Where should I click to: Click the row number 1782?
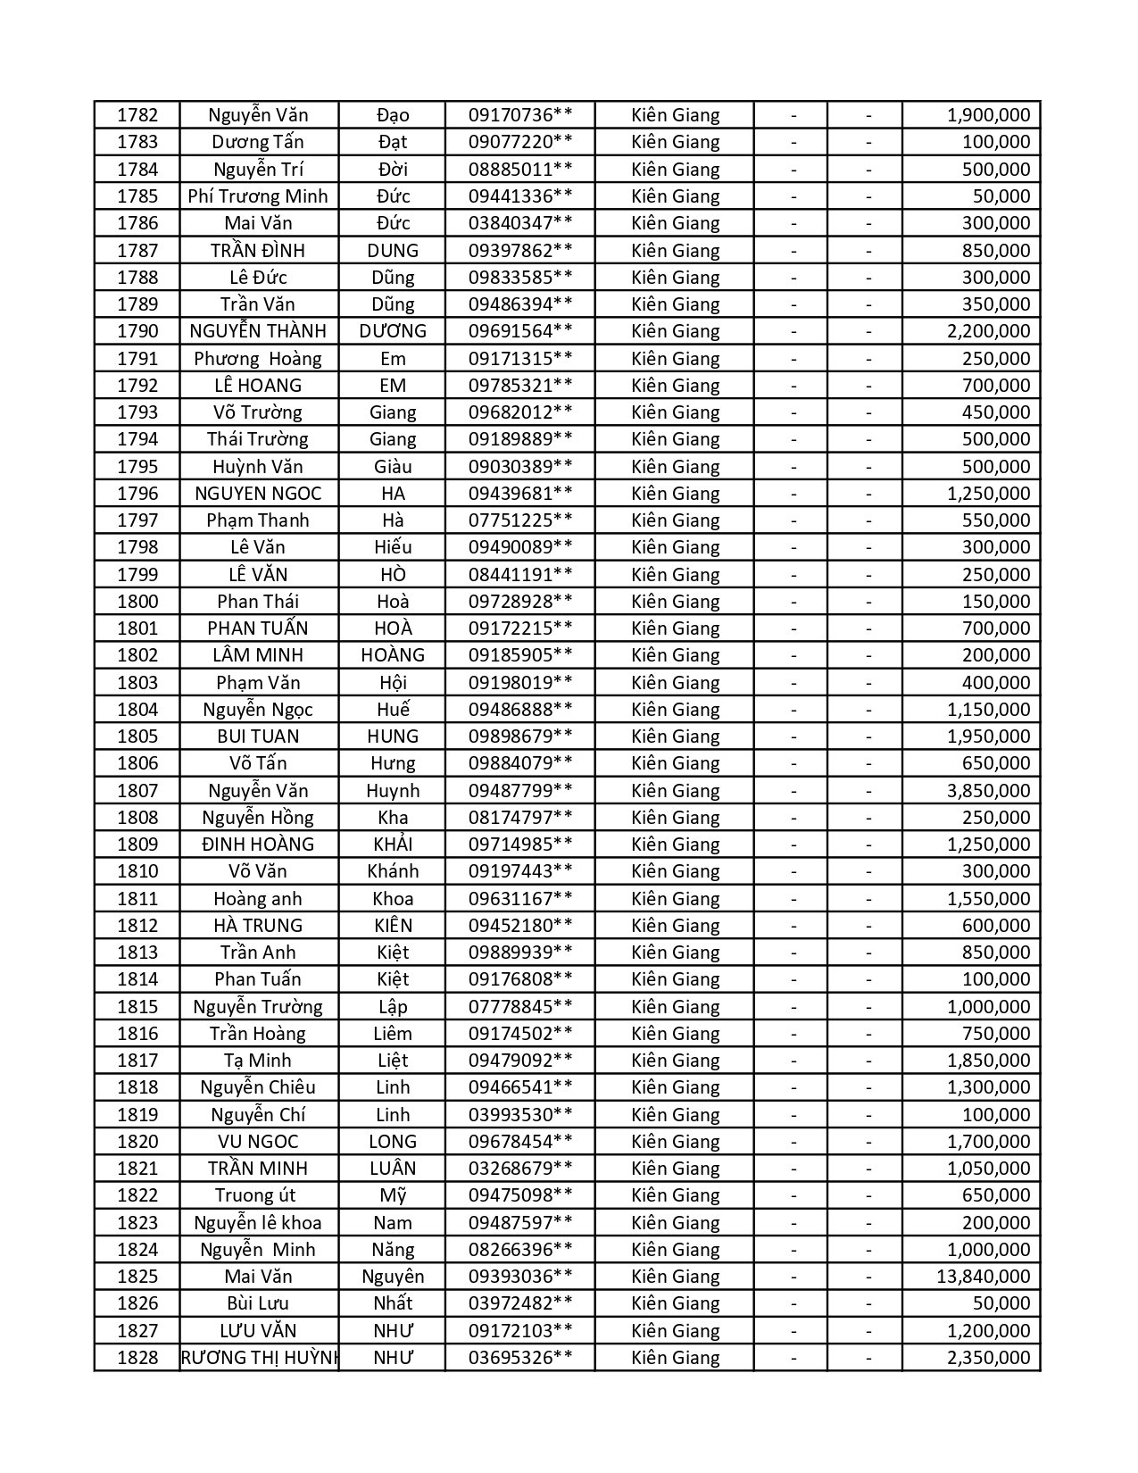137,115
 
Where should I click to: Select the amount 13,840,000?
983,1277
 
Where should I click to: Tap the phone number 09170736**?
520,115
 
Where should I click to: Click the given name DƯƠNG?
393,331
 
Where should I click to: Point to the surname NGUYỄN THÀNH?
258,331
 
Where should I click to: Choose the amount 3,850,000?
988,791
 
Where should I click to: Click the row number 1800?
137,602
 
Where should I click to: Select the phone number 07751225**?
520,520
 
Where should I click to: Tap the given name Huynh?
393,791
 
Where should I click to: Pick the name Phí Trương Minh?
258,196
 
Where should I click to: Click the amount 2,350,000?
988,1358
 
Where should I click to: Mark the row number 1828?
137,1358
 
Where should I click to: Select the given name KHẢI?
393,845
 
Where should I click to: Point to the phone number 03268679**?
520,1169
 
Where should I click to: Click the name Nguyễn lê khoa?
258,1223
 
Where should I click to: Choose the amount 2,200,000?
988,331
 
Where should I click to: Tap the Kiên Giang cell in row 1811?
675,899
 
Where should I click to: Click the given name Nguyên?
393,1277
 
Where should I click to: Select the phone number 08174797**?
520,818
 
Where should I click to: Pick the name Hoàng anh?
258,899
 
